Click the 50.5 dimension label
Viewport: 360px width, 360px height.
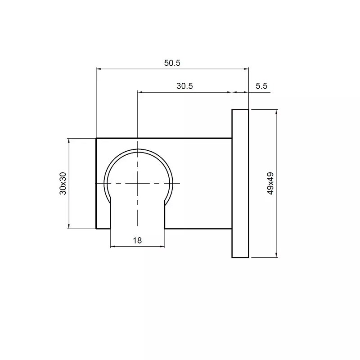tap(172, 63)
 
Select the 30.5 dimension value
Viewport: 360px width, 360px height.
tap(184, 86)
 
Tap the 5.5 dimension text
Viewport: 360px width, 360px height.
tap(261, 86)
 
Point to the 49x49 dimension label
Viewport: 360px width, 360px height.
tap(271, 184)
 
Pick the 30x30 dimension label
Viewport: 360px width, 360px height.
tap(63, 184)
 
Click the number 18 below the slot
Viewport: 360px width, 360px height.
tap(137, 240)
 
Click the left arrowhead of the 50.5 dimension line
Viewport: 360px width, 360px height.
tap(99, 69)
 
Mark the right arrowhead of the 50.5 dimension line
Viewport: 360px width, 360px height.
tap(246, 69)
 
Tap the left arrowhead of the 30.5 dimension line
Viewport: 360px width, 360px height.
tap(140, 92)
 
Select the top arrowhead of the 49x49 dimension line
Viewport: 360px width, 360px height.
tap(276, 112)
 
